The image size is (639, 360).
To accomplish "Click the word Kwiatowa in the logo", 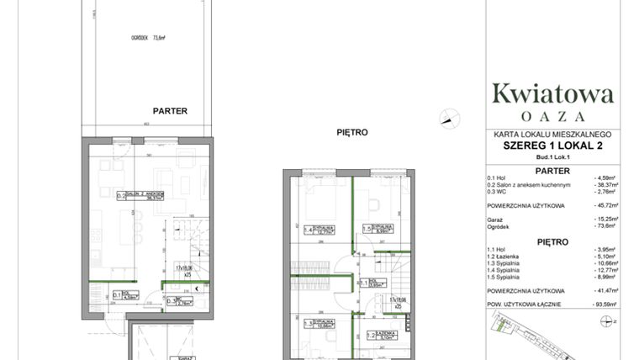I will (552, 92).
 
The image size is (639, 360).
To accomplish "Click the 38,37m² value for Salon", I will (605, 185).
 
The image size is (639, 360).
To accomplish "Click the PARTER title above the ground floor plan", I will (170, 110).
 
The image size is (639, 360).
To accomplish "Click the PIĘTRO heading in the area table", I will (552, 241).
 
